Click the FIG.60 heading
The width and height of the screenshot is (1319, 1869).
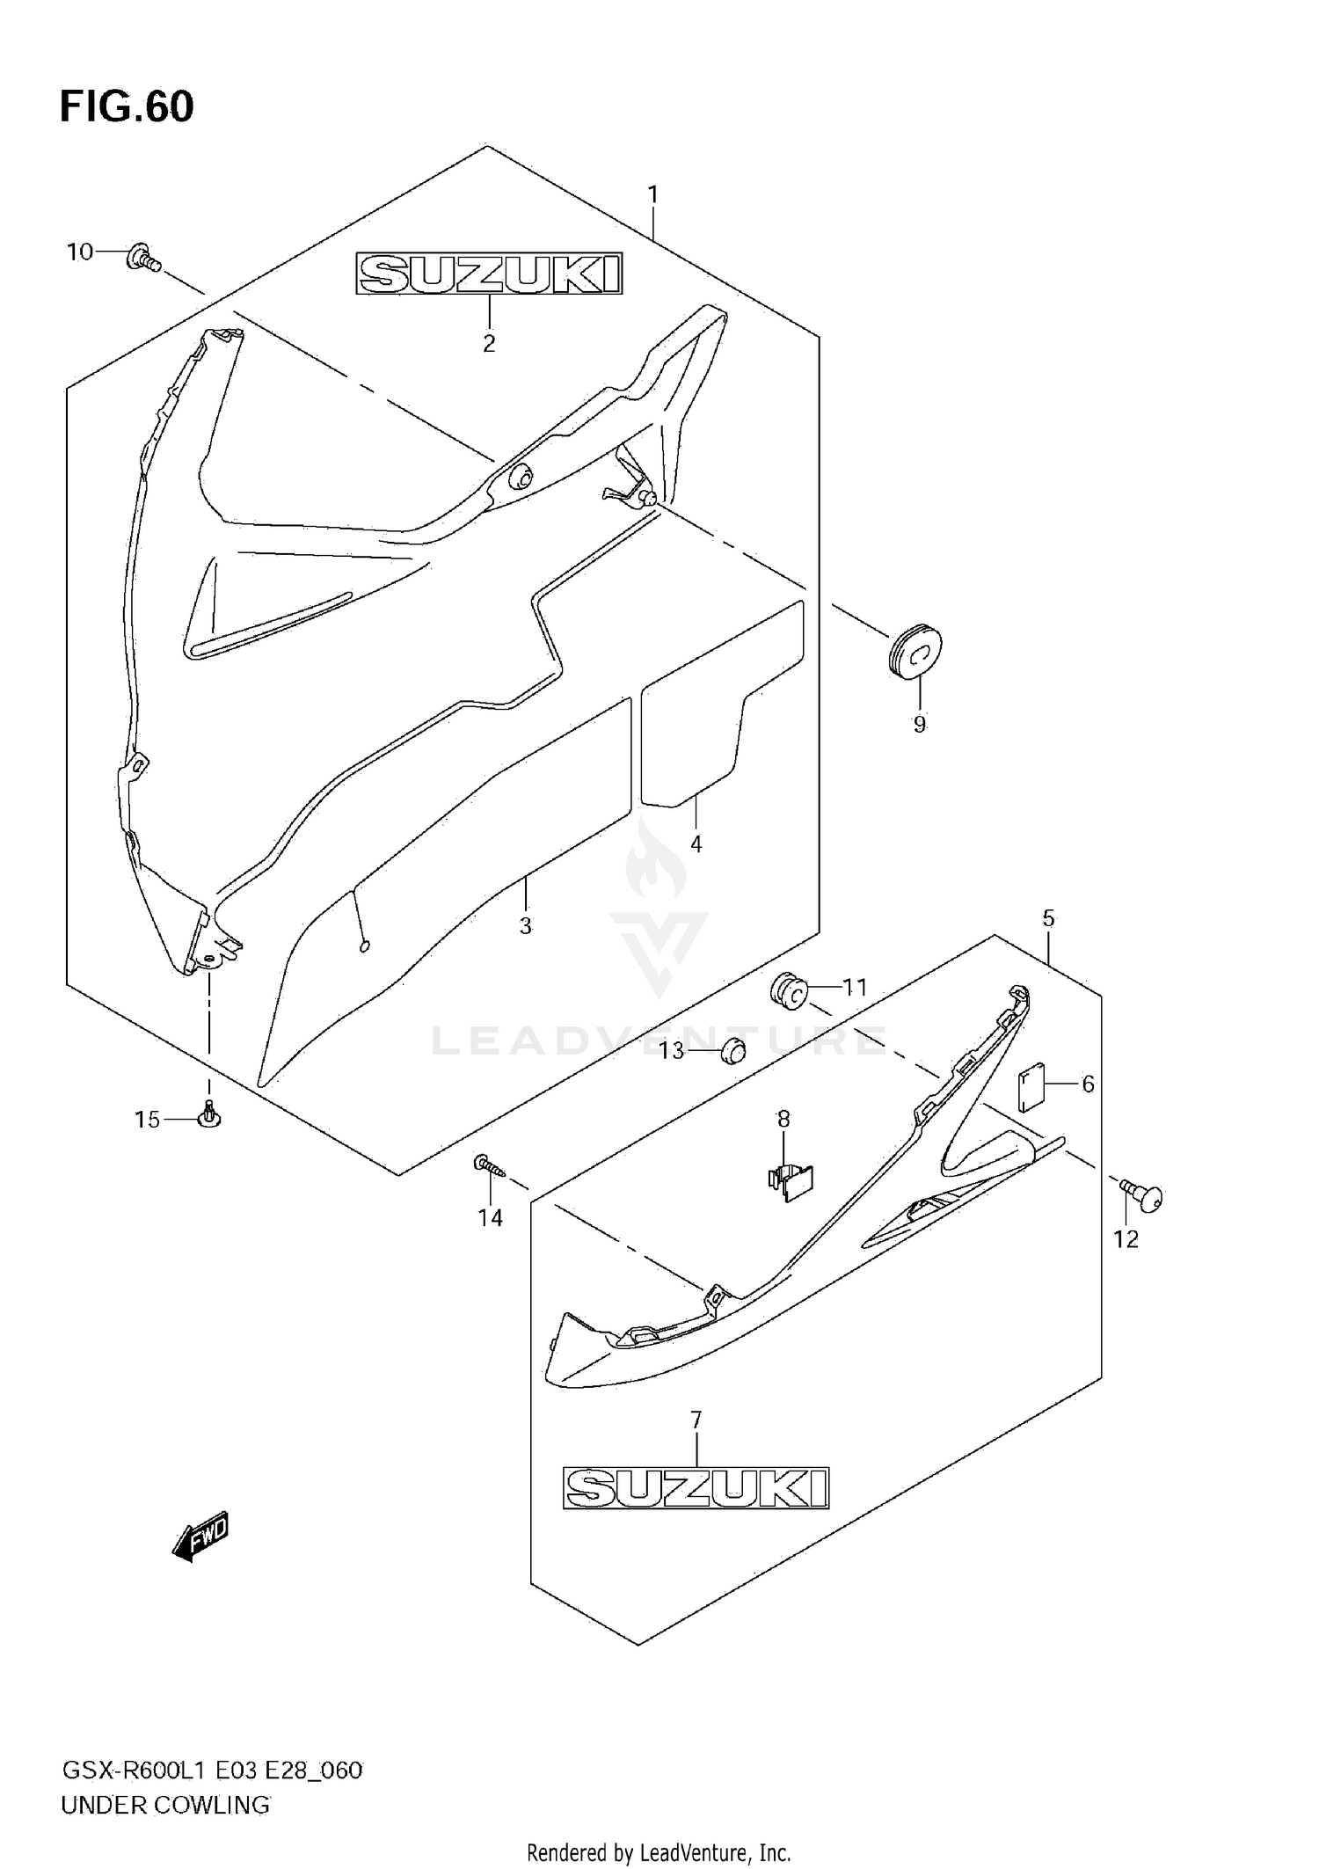[x=127, y=106]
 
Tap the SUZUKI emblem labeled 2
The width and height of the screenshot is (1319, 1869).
[x=489, y=274]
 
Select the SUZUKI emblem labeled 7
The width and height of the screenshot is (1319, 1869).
[x=696, y=1487]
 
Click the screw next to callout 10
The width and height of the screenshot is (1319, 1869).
[x=143, y=258]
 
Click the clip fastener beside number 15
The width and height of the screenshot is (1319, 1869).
[x=209, y=1116]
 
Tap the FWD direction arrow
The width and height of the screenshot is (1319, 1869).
[x=200, y=1536]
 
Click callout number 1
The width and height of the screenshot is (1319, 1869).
[x=652, y=194]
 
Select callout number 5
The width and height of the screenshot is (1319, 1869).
[x=1048, y=918]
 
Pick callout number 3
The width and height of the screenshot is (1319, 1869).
[x=525, y=925]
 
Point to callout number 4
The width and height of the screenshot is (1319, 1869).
[x=696, y=844]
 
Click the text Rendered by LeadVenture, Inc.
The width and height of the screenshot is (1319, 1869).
[x=659, y=1853]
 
